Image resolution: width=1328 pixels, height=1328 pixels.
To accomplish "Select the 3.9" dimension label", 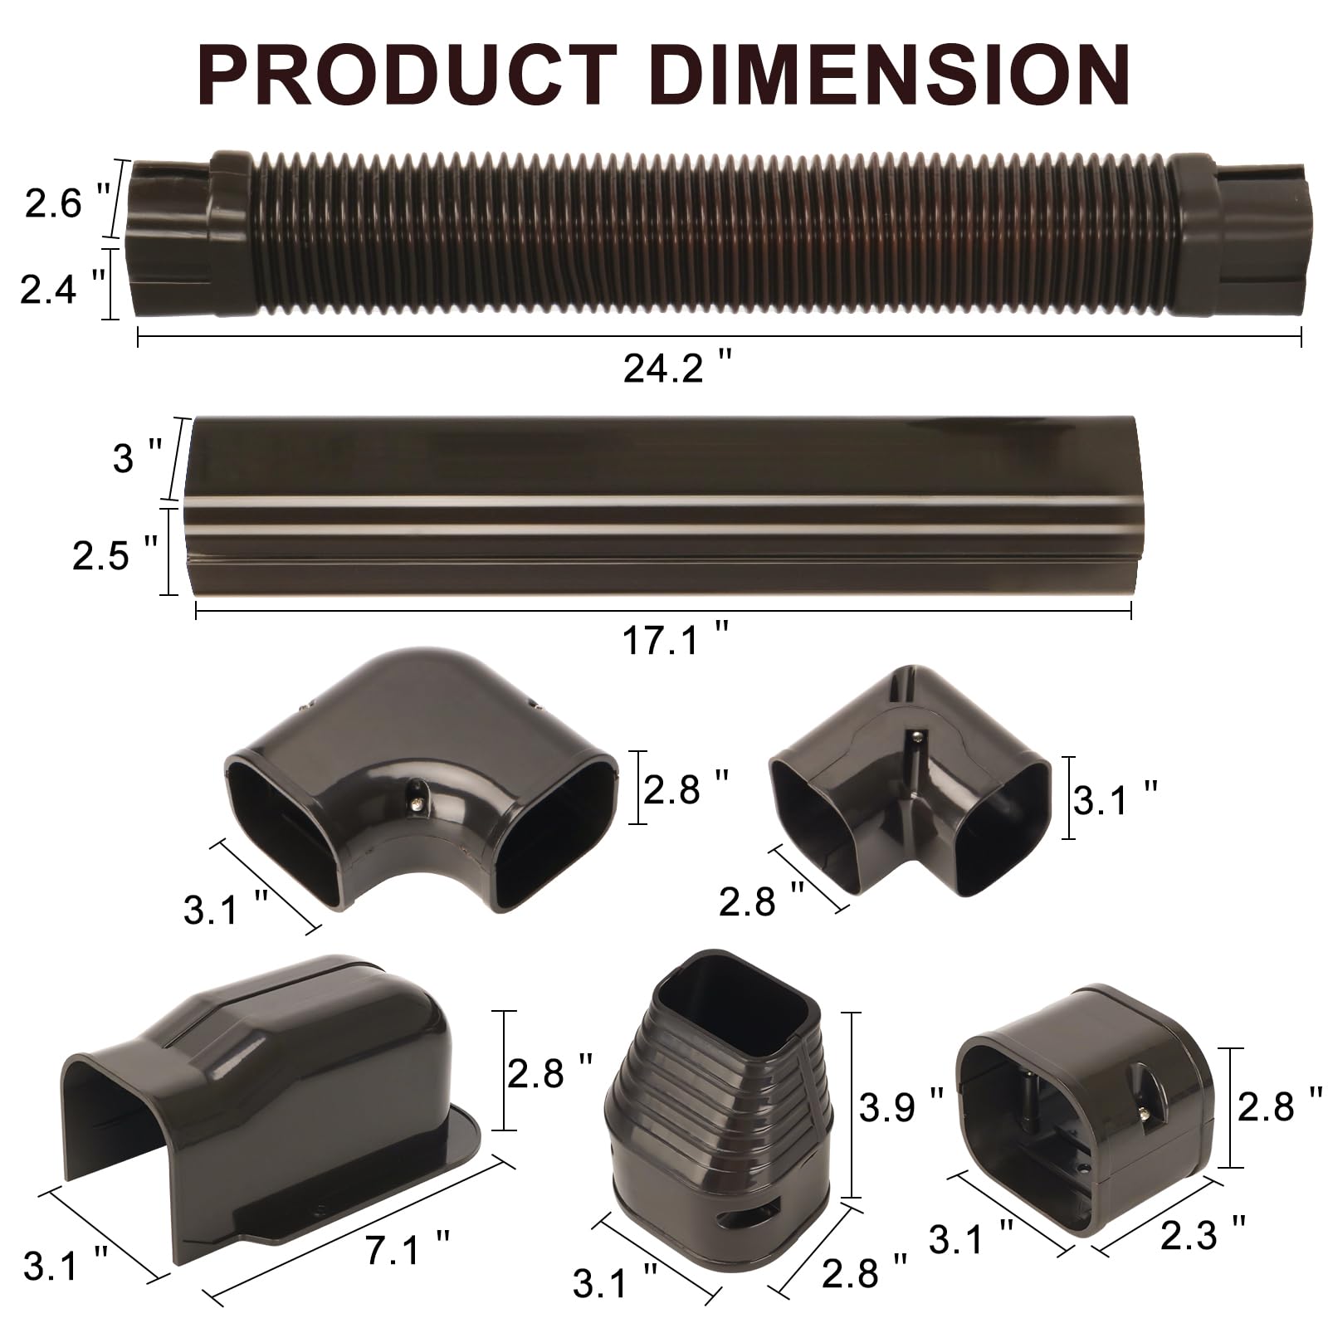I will tap(901, 1106).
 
